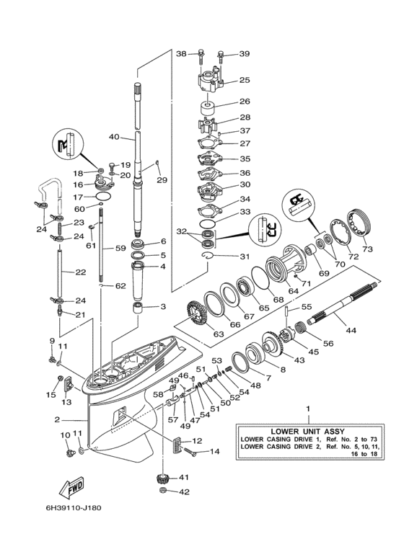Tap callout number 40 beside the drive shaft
114,137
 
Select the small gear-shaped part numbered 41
162,479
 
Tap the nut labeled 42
163,492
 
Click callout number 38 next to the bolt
181,53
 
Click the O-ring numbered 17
103,195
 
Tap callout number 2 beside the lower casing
56,419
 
